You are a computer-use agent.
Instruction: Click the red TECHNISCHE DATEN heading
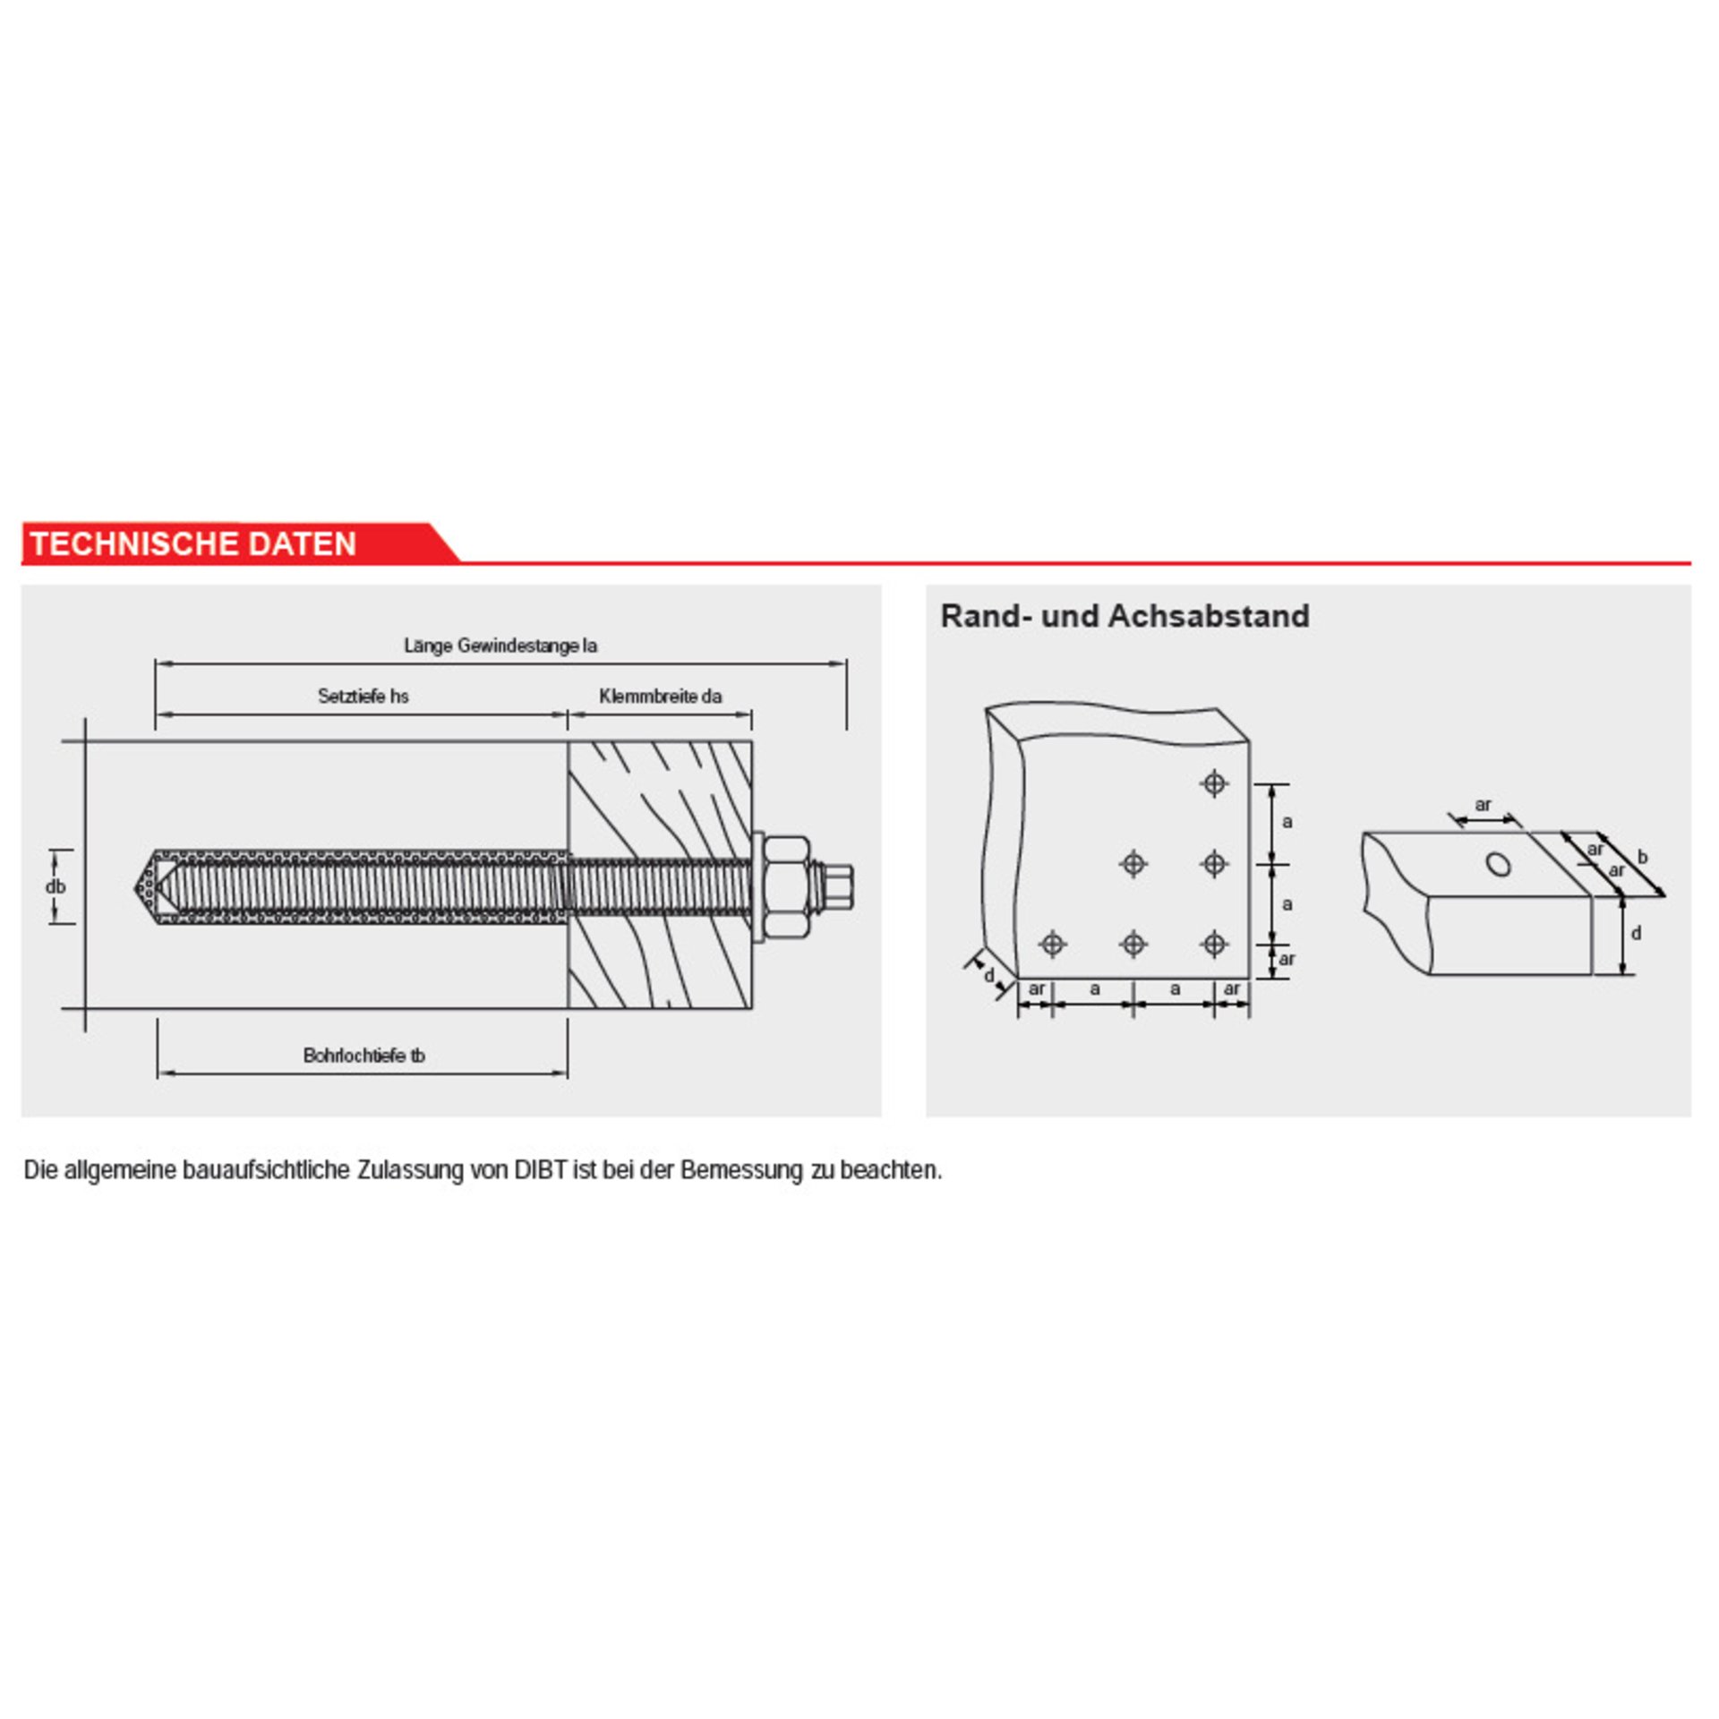(193, 543)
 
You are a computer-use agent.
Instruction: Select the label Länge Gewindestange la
(500, 646)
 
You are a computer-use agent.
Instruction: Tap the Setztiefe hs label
(363, 696)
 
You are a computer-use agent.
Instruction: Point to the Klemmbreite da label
(661, 696)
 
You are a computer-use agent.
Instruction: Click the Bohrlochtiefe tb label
(364, 1056)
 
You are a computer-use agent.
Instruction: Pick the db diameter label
(56, 887)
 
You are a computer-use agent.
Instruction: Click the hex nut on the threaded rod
(788, 887)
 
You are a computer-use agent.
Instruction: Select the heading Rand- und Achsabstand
(1125, 616)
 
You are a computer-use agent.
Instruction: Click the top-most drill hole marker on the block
(1214, 783)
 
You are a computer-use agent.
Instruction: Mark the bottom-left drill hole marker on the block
(1053, 944)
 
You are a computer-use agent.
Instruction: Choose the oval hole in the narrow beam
(1499, 864)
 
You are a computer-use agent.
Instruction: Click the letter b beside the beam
(1643, 858)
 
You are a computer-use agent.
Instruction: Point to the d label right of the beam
(1637, 934)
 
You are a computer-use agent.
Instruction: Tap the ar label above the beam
(1484, 804)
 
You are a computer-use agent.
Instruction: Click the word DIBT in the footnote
(542, 1170)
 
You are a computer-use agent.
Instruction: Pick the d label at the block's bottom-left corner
(989, 975)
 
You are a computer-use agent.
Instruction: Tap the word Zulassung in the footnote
(410, 1171)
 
